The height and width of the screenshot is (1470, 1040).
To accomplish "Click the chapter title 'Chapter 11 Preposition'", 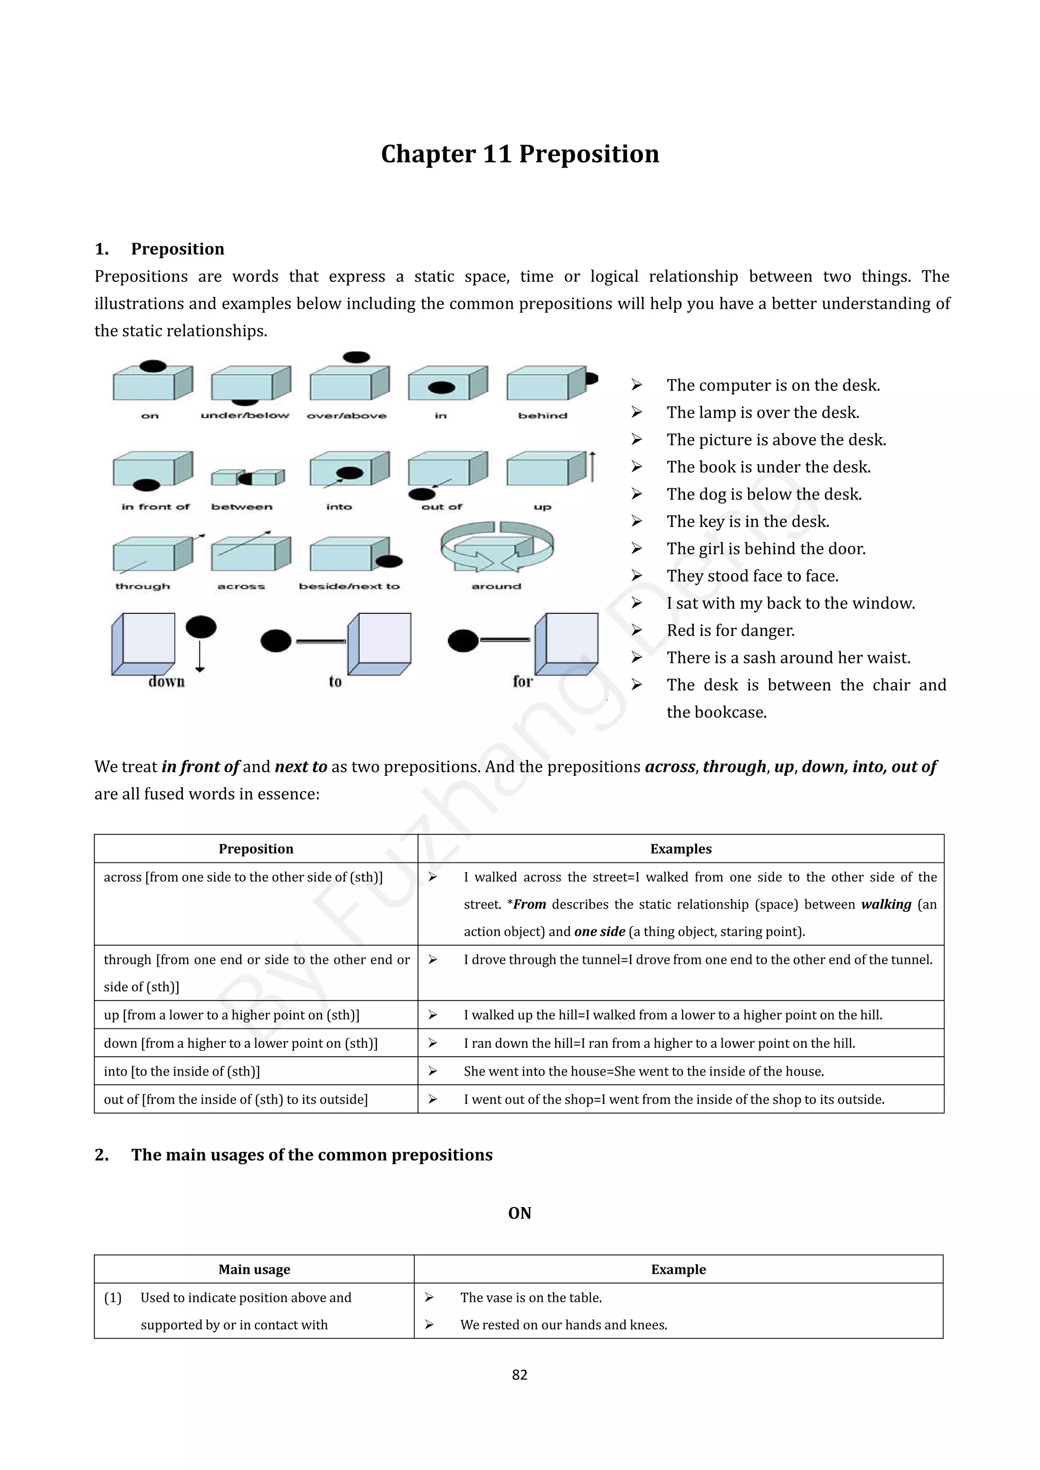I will click(519, 154).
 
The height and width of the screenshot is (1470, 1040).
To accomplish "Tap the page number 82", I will click(519, 1374).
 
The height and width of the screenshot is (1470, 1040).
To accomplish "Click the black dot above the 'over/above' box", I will click(356, 357).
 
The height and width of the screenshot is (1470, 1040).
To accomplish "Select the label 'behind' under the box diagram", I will click(542, 416).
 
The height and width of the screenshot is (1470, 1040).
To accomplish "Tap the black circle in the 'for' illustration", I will click(463, 640).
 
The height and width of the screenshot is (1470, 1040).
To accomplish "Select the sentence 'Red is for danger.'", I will click(730, 630).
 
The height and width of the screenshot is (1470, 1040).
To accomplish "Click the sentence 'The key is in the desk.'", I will click(747, 522).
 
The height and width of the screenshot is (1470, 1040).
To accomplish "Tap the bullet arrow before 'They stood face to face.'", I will click(637, 576).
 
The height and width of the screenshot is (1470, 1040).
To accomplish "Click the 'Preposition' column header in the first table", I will click(255, 849).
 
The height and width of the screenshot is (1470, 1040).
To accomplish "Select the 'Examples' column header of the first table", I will click(681, 849).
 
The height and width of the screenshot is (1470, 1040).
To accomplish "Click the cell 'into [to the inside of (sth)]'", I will click(182, 1071).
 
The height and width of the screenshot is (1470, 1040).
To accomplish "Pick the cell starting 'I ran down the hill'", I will click(659, 1043).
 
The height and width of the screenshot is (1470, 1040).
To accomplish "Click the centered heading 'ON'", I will click(519, 1213).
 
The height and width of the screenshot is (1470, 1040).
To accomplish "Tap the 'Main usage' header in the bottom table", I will click(254, 1269).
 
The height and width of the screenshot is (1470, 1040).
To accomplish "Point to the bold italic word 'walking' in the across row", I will click(886, 904).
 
